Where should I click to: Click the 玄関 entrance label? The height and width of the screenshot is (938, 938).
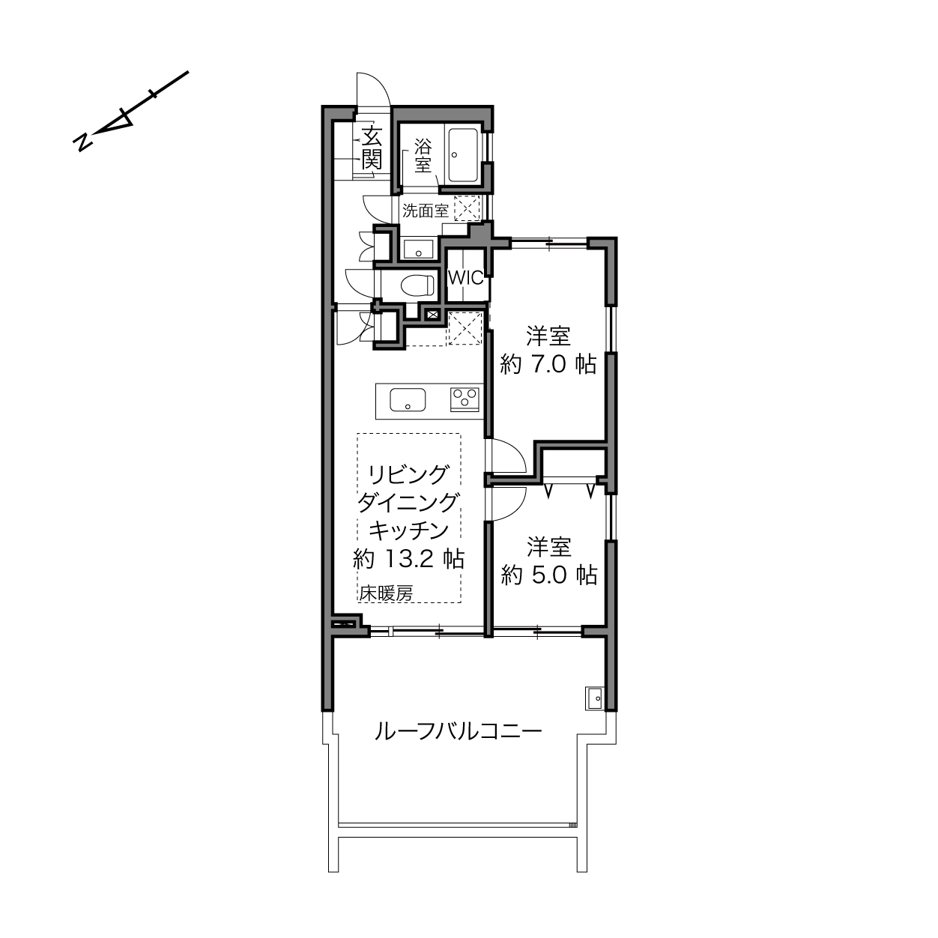coord(372,148)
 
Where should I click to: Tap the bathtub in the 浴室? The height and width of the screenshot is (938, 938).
coord(463,155)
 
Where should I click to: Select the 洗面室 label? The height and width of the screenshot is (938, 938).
coord(425,211)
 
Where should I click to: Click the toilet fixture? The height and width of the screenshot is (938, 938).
coord(417,285)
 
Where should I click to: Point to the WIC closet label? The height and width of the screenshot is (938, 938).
coord(465,278)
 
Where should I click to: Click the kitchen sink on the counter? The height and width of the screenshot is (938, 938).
coord(408,400)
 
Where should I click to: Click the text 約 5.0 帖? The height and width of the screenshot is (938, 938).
coord(549,575)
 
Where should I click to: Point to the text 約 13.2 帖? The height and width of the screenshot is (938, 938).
coord(408,559)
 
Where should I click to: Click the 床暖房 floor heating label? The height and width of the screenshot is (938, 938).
coord(386,593)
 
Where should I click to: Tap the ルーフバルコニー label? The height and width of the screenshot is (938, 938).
coord(458,732)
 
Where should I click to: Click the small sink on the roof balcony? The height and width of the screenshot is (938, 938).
coord(594,699)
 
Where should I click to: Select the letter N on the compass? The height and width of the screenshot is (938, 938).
coord(82,142)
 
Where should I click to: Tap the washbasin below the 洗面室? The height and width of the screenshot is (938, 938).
coord(418,249)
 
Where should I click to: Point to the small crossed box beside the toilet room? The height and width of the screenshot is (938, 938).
coord(432,314)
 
